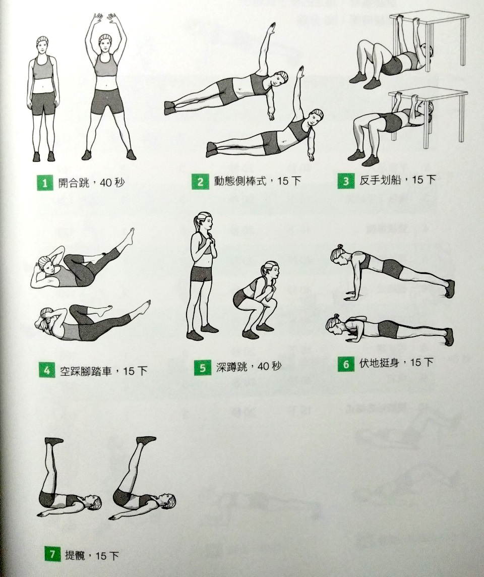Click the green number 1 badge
(x=45, y=183)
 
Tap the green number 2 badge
(x=200, y=182)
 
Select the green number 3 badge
(x=346, y=181)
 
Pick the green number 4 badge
(x=47, y=370)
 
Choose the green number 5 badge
(x=203, y=368)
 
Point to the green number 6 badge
(x=346, y=364)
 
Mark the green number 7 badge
(x=52, y=554)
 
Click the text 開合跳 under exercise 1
(x=74, y=183)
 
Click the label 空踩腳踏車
(x=86, y=371)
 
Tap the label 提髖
(x=75, y=554)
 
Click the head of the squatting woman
(x=270, y=271)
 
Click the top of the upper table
(x=430, y=17)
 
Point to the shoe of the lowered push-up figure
(x=449, y=337)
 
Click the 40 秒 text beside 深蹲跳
(x=270, y=367)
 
